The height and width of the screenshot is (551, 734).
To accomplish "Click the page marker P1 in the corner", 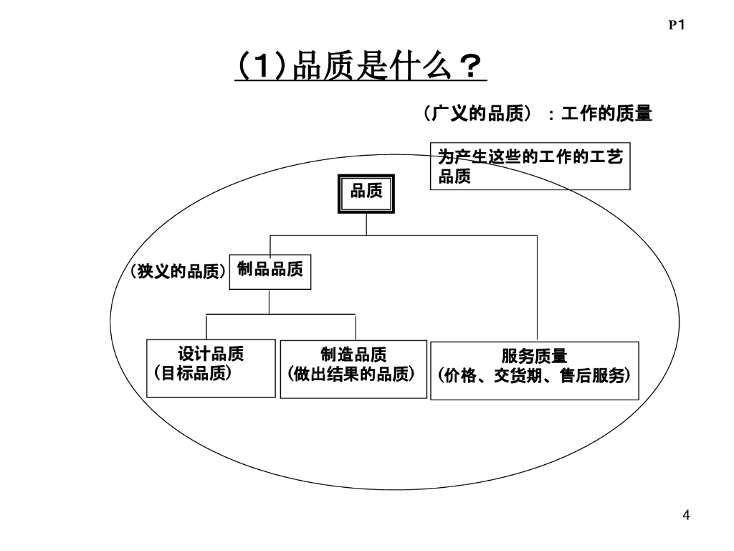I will click(x=677, y=25).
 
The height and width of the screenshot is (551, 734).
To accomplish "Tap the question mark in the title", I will click(x=469, y=70).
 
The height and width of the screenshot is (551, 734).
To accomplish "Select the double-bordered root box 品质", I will click(x=366, y=194).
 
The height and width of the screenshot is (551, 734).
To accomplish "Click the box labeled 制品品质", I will click(x=270, y=271).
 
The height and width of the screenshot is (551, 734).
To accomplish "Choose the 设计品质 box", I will click(x=211, y=368).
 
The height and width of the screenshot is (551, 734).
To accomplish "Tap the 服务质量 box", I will click(x=534, y=370).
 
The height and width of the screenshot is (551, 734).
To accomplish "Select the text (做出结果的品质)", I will click(x=351, y=375).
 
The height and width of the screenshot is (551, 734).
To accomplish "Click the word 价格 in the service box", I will click(x=461, y=376).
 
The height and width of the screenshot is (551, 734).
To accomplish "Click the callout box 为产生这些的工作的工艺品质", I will click(x=530, y=166).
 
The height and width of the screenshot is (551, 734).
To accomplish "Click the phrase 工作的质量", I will click(x=606, y=114).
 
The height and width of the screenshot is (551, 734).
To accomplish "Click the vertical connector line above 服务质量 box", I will click(x=538, y=287).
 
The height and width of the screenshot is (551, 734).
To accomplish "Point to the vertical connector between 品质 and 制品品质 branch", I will click(x=366, y=225).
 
